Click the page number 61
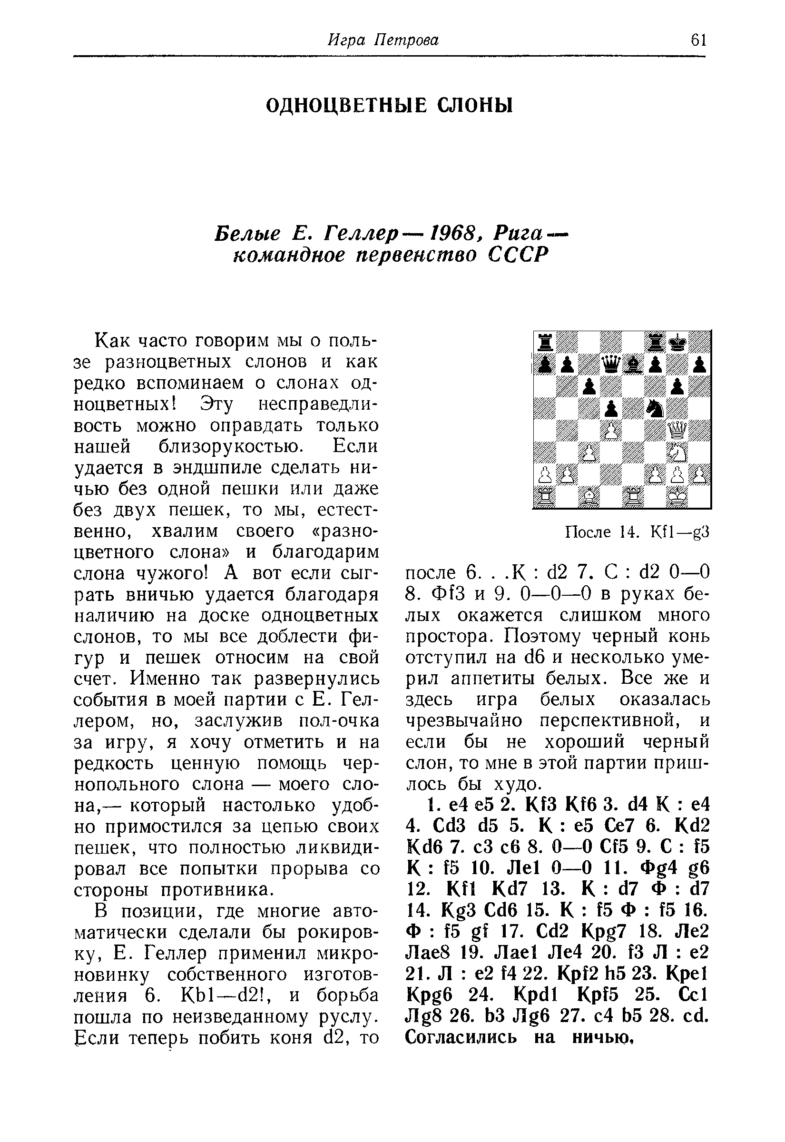698,40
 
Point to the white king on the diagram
678,497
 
